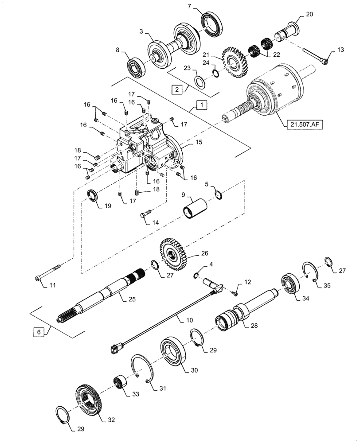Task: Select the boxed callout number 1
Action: coord(201,105)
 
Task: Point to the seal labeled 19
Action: coord(93,195)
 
